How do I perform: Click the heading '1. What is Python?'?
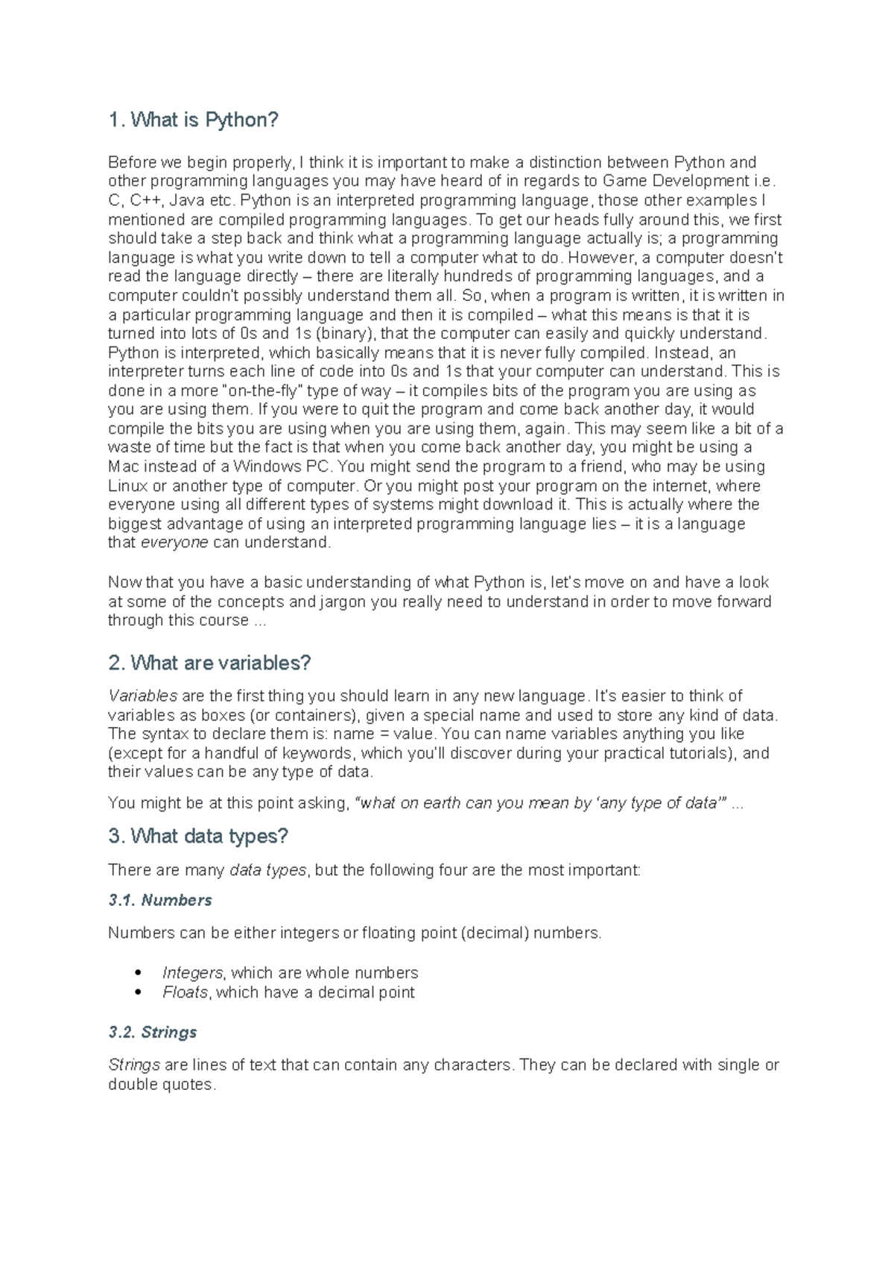point(193,120)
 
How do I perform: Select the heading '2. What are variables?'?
point(209,662)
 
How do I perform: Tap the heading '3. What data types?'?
point(197,836)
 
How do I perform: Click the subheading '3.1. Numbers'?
point(159,900)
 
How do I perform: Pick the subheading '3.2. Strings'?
point(152,1032)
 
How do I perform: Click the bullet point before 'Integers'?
point(138,973)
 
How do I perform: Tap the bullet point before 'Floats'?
point(138,992)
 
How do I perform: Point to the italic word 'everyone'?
point(174,542)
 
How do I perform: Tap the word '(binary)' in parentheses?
point(348,333)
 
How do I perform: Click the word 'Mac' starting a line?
point(124,466)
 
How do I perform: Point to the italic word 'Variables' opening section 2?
point(142,696)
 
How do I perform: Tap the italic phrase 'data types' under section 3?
point(267,869)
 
